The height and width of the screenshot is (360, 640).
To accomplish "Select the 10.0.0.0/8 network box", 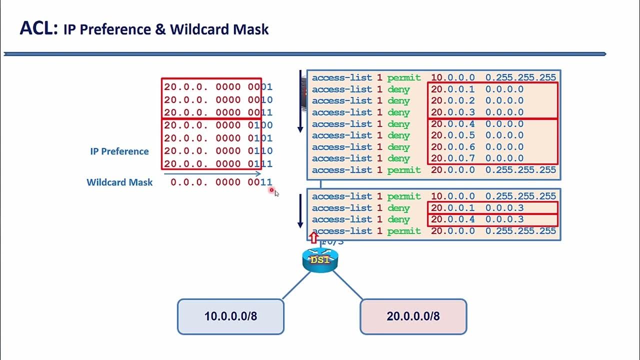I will click(230, 316).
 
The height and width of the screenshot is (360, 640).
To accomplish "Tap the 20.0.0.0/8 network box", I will click(413, 316).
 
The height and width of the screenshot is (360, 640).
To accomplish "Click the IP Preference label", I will click(119, 151).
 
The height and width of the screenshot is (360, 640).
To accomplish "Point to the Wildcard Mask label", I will click(119, 182).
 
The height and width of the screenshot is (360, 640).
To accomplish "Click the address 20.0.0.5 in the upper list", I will click(453, 135).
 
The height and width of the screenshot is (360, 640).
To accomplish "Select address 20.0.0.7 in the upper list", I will click(453, 158).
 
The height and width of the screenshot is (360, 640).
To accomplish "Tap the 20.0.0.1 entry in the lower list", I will click(453, 208).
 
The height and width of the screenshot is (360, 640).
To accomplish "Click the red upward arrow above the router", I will click(313, 237).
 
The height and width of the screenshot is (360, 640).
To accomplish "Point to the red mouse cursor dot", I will click(271, 190).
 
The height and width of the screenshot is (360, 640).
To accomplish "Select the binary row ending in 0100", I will click(218, 125).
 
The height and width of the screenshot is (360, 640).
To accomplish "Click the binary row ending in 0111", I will click(218, 163).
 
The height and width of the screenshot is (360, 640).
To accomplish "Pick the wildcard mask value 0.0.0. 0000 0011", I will click(221, 182).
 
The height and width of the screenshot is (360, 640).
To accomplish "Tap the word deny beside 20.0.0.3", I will click(398, 112).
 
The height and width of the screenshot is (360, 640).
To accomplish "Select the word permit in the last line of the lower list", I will click(404, 231).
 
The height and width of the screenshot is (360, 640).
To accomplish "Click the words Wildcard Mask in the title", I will click(219, 29).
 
